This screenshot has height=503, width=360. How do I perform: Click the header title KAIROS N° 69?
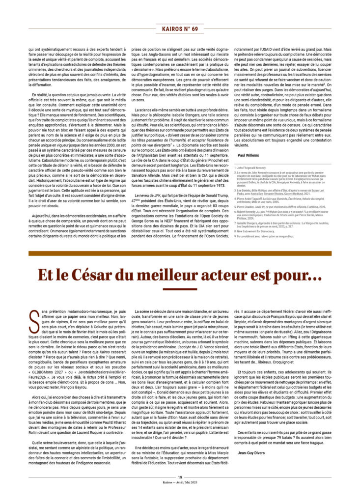tap(180, 29)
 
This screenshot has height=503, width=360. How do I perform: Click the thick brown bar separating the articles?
tap(180, 253)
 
